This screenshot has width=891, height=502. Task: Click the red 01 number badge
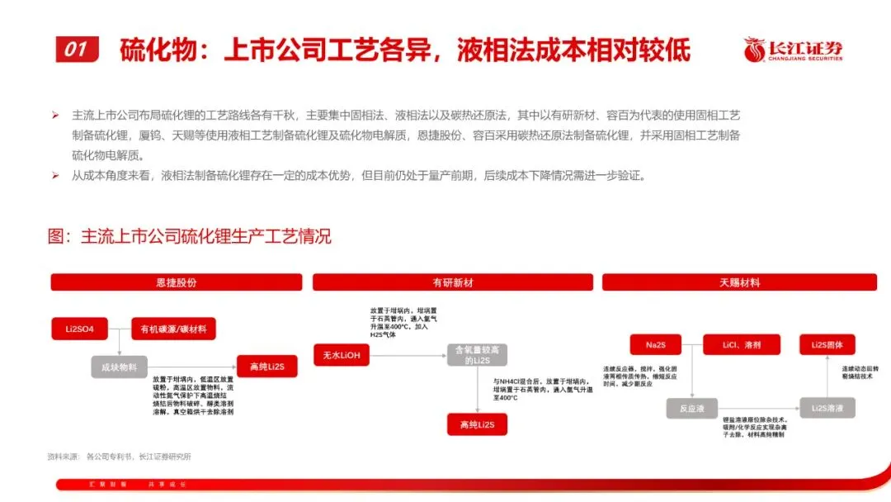[76, 50]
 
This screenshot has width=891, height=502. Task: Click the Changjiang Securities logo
[793, 50]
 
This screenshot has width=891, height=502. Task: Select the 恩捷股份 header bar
[177, 282]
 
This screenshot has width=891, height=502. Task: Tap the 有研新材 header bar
[452, 282]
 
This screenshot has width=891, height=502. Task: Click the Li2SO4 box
[80, 329]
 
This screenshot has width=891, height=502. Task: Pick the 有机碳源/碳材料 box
[173, 329]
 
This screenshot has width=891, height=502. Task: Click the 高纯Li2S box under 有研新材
[477, 424]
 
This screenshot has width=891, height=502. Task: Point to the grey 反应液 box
[690, 408]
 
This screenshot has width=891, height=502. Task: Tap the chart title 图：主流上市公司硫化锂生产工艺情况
[190, 237]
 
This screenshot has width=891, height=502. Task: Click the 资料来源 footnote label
[63, 456]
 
